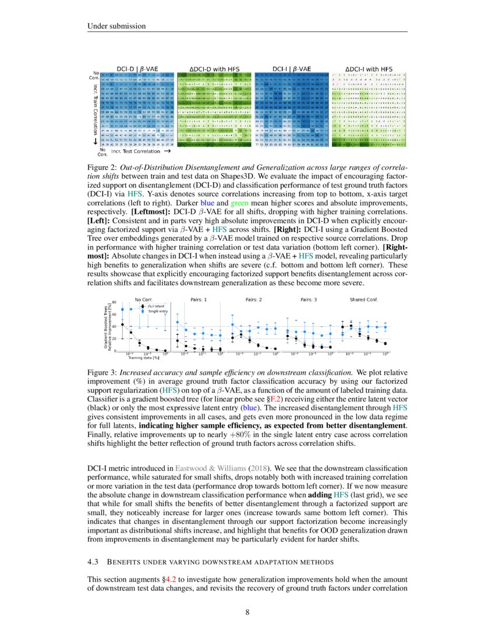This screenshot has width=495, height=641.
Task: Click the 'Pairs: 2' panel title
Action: [x=253, y=300]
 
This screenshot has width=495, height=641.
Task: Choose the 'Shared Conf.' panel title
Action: [x=364, y=300]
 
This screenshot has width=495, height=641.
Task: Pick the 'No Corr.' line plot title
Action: [x=143, y=300]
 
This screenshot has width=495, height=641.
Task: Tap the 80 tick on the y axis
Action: [x=115, y=302]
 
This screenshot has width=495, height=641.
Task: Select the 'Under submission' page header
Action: [x=114, y=26]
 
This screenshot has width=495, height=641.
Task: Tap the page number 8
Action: [x=247, y=612]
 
